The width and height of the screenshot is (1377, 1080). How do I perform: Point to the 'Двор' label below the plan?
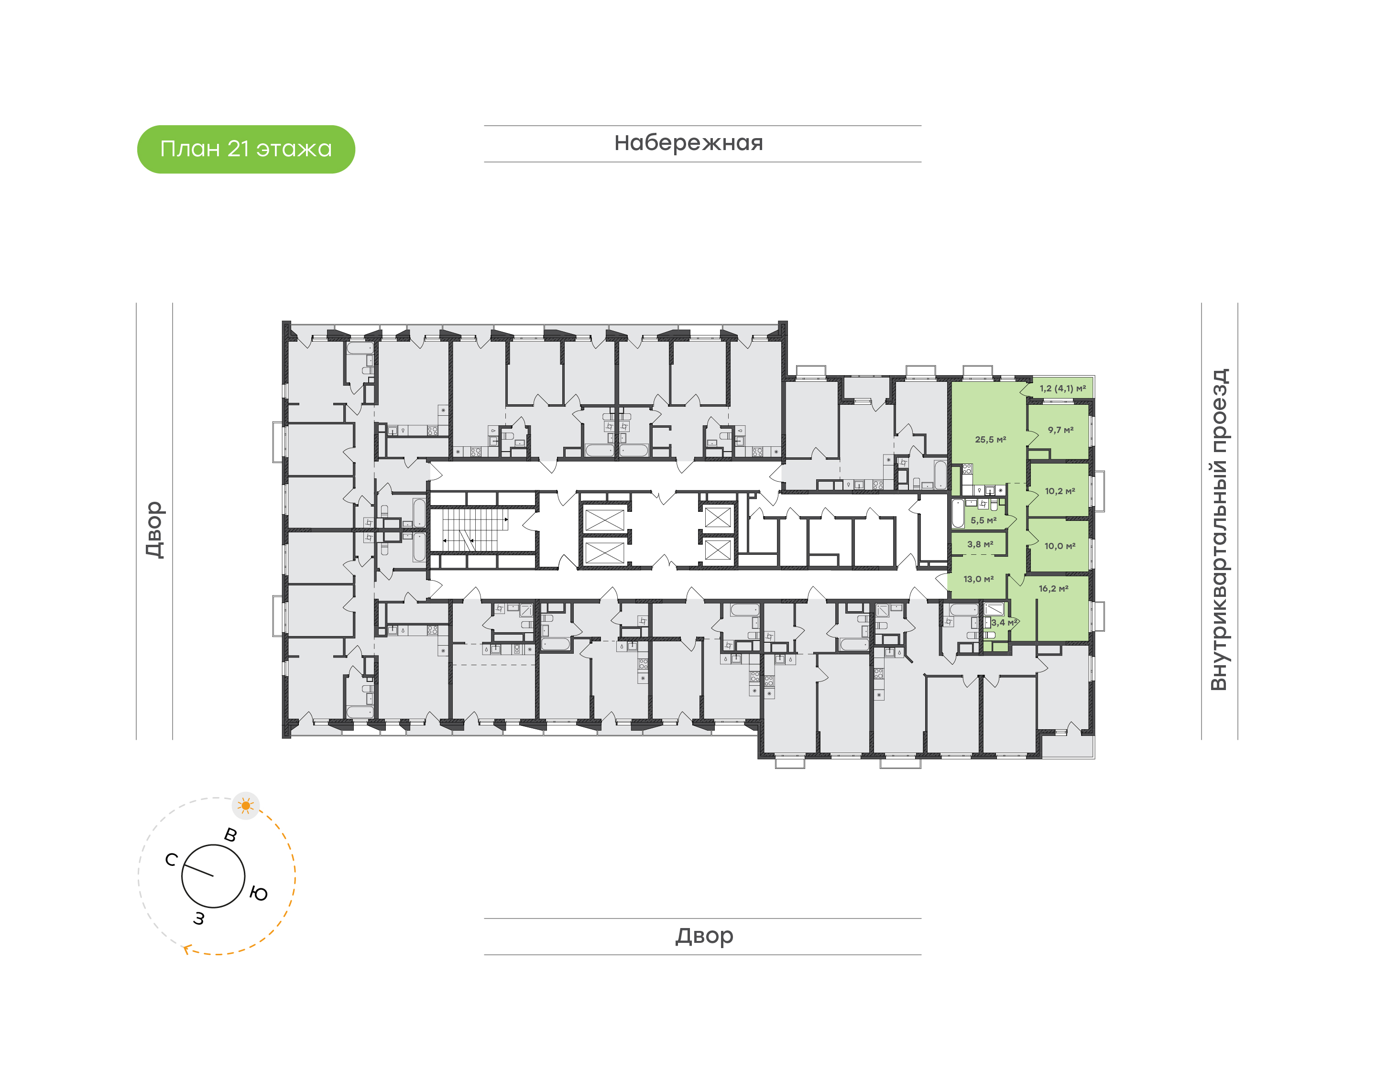point(704,936)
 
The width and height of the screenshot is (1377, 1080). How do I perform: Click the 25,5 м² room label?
point(990,440)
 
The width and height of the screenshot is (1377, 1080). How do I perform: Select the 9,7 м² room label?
point(1060,430)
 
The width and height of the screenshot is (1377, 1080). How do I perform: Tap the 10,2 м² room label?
point(1060,491)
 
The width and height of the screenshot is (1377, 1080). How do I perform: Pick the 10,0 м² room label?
point(1060,546)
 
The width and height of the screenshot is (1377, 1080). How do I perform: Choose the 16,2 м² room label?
point(1053,589)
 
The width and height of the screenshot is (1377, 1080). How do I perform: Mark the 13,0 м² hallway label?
point(978,579)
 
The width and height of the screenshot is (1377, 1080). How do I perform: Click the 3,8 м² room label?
point(980,544)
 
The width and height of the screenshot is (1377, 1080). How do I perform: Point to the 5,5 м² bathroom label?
point(984,520)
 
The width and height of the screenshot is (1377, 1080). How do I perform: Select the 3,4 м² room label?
point(1004,622)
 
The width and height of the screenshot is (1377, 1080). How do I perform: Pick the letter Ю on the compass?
point(258,894)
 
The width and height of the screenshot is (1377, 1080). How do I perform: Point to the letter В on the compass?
point(231,835)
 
